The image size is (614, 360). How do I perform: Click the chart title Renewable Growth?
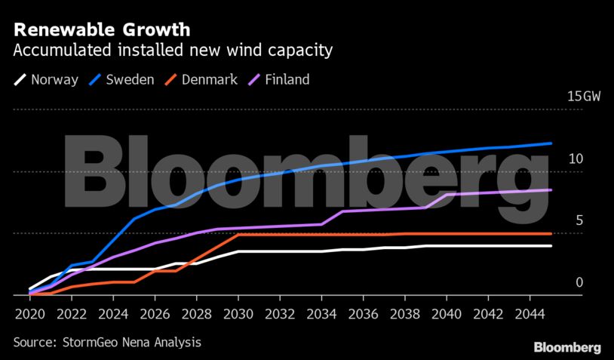pos(101,30)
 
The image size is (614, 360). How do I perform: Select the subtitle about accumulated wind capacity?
pos(173,51)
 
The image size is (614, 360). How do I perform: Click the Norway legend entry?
pos(47,79)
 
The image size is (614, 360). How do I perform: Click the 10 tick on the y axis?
pos(576,158)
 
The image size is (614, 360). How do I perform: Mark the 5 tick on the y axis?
pos(579,220)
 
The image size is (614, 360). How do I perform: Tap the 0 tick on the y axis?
pos(579,282)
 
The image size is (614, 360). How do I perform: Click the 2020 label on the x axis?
pos(29,312)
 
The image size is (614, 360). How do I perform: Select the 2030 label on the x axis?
pos(238,312)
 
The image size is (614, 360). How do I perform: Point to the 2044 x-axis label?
pos(530,312)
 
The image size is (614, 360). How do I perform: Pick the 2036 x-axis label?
pos(363,312)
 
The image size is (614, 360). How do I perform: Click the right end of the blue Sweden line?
pos(551,143)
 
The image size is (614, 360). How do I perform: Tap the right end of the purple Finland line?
pos(551,190)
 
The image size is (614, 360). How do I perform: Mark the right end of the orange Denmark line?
pos(551,234)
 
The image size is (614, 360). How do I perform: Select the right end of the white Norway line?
pos(551,246)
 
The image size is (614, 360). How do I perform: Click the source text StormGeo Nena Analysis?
pos(107,342)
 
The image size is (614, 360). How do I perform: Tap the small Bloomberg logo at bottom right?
pos(567,347)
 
